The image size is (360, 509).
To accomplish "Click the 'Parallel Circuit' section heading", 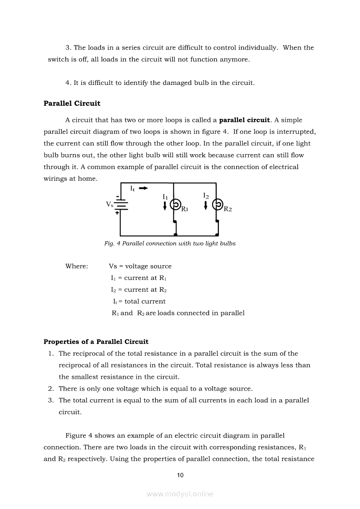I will [x=72, y=104].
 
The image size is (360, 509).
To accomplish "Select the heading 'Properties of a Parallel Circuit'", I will [x=96, y=342].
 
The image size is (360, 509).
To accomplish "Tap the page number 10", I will [x=180, y=475].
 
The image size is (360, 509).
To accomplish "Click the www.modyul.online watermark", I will [x=180, y=494].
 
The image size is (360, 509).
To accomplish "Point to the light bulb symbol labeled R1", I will [x=175, y=204].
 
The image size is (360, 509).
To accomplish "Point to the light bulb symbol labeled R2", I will [x=217, y=204].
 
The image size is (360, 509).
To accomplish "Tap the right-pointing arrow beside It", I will [x=143, y=189].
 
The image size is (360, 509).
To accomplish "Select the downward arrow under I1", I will [x=165, y=206].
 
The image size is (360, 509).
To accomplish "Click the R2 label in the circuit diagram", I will [x=228, y=209].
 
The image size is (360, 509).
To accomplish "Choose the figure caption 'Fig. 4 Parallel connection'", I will [x=170, y=243].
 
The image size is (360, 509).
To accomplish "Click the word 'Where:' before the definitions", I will [x=77, y=266].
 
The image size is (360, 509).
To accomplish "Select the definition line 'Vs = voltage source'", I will [x=140, y=266].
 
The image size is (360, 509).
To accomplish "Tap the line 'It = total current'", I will [x=139, y=301].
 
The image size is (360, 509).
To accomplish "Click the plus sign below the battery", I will [x=117, y=213].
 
